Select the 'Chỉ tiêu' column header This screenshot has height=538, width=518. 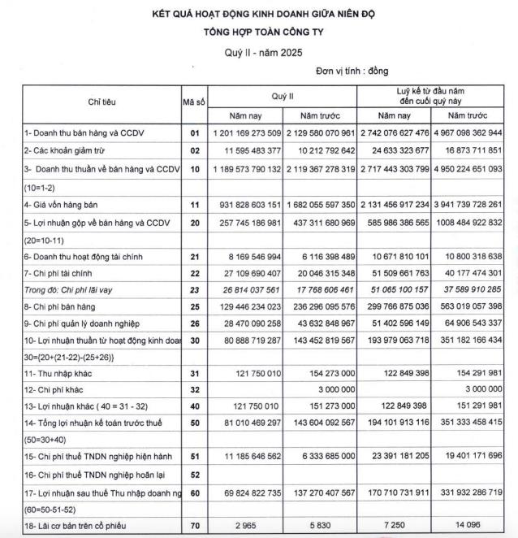click(101, 103)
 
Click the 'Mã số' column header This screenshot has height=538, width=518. click(194, 103)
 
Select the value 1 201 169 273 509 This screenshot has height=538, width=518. click(246, 132)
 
